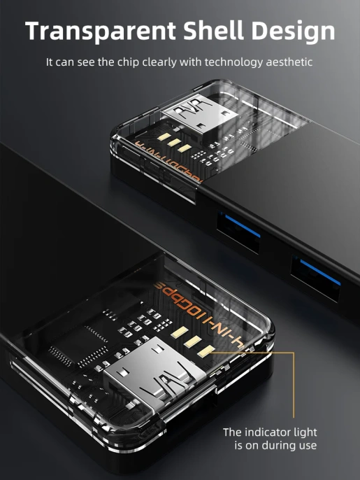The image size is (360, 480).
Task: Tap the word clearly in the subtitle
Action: tap(165, 62)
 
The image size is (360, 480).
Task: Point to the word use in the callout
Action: tap(308, 445)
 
